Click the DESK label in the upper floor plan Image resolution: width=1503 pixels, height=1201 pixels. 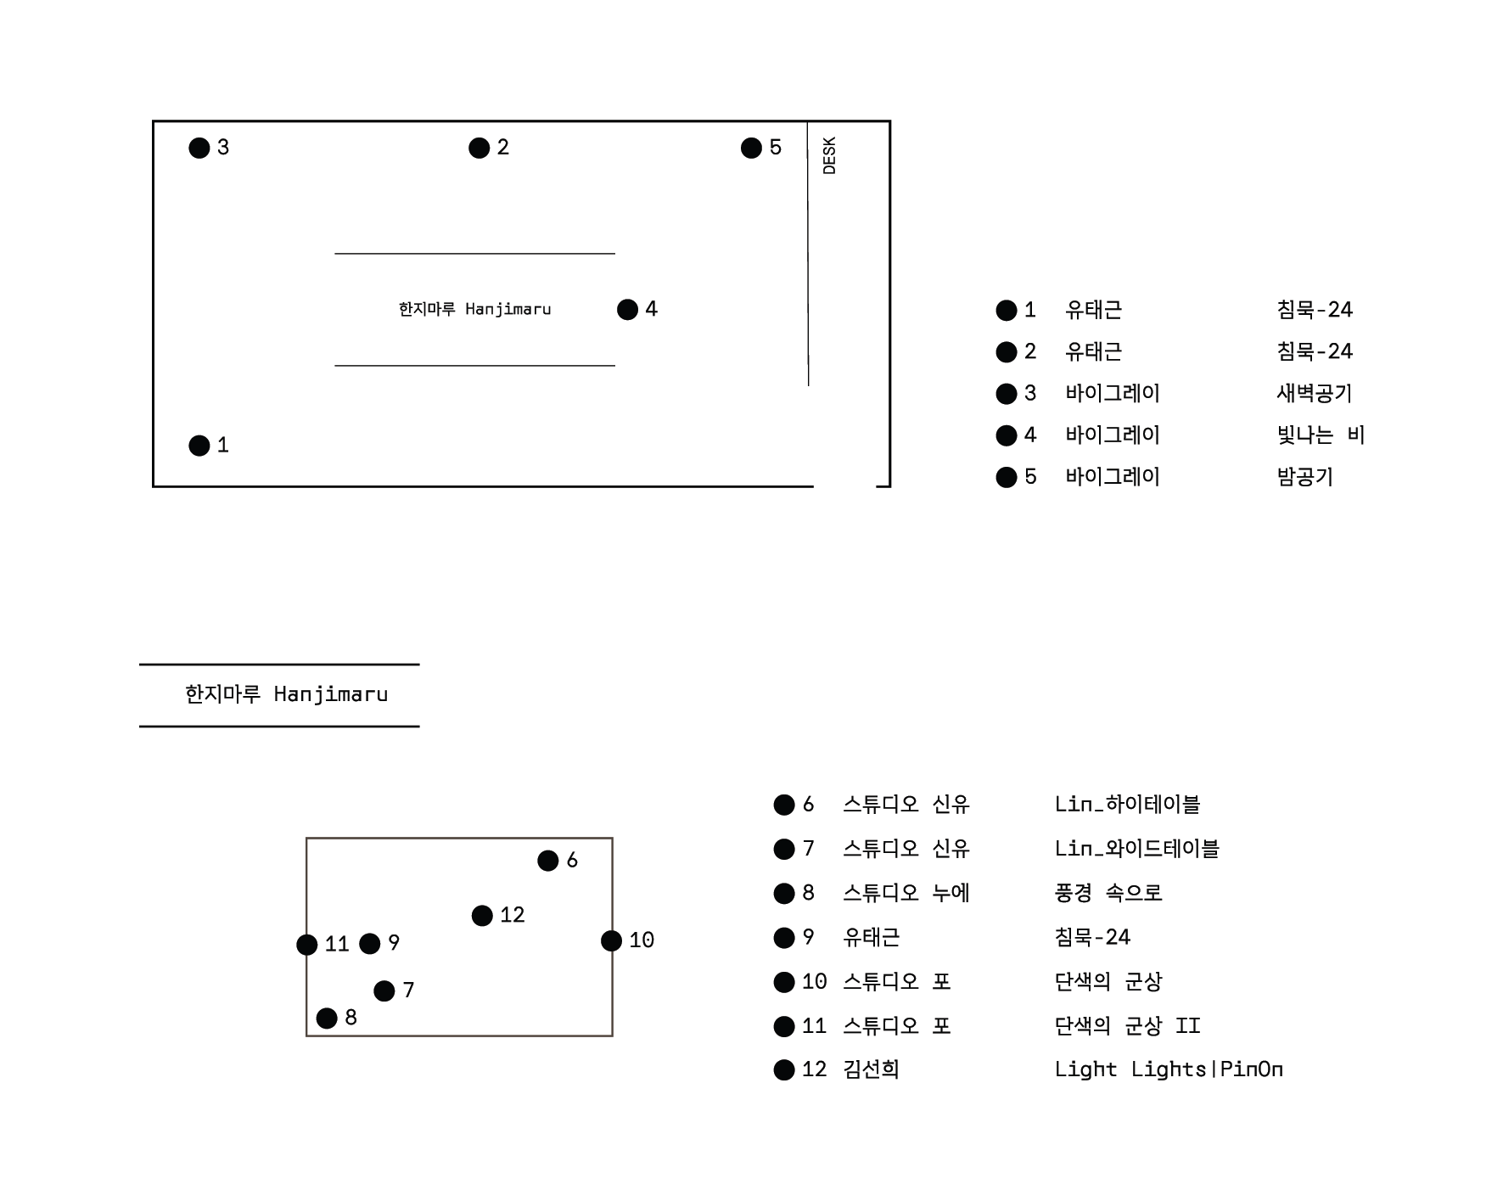[x=829, y=155]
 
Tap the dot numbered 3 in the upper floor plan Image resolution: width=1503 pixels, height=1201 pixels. [x=199, y=149]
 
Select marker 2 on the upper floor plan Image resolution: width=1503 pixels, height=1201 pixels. [x=480, y=149]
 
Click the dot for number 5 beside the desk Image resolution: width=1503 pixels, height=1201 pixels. [x=751, y=149]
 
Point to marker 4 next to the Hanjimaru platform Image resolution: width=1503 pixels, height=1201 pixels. [x=628, y=310]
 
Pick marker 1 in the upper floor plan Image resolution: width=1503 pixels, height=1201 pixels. [x=199, y=446]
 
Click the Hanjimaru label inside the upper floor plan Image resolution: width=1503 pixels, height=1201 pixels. [x=474, y=309]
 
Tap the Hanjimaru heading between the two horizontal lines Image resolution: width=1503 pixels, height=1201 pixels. [x=287, y=694]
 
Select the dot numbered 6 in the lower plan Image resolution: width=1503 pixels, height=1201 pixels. [x=548, y=861]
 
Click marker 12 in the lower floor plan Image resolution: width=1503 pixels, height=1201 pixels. [x=482, y=916]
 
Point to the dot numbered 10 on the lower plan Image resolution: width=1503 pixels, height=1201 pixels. [x=611, y=940]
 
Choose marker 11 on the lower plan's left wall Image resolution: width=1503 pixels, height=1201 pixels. [x=307, y=945]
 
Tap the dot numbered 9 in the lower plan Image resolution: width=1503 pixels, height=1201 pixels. [x=370, y=944]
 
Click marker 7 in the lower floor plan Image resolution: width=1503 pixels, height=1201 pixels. [x=384, y=991]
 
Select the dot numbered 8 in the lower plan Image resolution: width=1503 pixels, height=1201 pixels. [x=327, y=1018]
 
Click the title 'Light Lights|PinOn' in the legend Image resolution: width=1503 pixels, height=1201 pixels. [x=1169, y=1069]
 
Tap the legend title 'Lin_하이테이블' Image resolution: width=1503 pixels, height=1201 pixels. [x=1127, y=804]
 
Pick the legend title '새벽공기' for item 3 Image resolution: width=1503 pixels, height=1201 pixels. [x=1314, y=393]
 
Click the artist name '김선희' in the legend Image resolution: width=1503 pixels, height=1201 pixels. [x=871, y=1069]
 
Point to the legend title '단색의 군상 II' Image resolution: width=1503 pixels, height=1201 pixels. [x=1127, y=1025]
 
